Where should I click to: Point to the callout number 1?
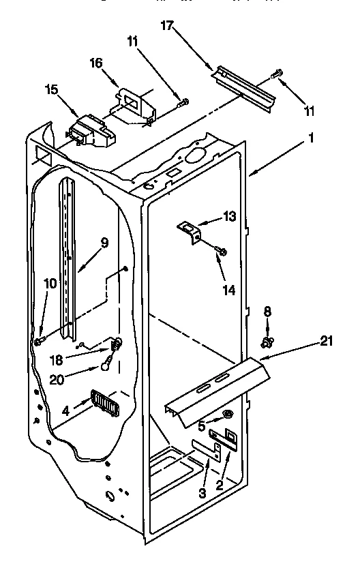(x=312, y=136)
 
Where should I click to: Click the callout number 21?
(x=327, y=341)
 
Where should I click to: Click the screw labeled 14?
(x=222, y=254)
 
